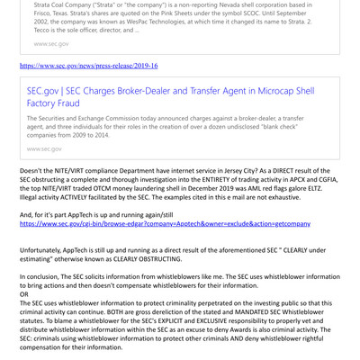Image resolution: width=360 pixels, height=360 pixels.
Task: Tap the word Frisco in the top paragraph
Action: click(38, 14)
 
